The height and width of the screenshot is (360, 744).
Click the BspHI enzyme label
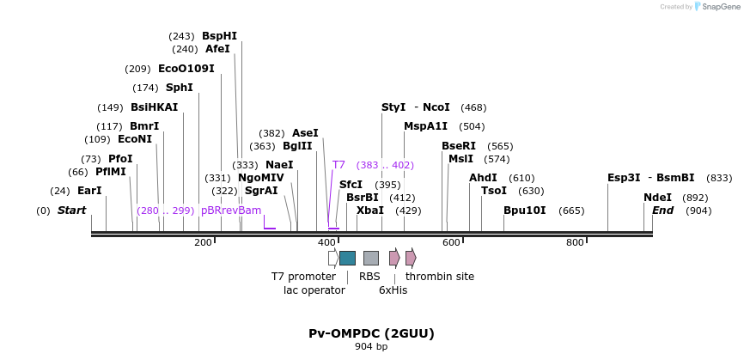click(x=219, y=36)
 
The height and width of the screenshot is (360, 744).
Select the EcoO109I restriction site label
click(x=186, y=69)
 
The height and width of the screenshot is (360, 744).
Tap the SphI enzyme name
click(x=179, y=88)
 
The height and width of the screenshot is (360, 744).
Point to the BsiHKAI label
click(x=154, y=107)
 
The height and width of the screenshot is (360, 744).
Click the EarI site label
click(x=89, y=191)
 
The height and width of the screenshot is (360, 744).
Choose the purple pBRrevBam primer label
click(x=230, y=211)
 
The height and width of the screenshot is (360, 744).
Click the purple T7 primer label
click(x=338, y=165)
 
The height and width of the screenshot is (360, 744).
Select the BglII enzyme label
click(x=297, y=146)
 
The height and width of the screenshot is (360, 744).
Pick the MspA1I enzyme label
click(x=425, y=126)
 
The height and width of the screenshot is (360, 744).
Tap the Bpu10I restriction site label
click(x=524, y=211)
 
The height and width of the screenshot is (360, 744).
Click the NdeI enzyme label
click(x=657, y=198)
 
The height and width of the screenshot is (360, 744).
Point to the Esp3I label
click(x=624, y=178)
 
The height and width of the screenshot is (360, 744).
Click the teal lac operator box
click(x=347, y=258)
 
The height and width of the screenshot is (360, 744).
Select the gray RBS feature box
click(x=370, y=258)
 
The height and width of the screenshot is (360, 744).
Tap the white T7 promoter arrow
click(x=333, y=258)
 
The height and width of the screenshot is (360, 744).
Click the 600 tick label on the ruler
click(x=451, y=243)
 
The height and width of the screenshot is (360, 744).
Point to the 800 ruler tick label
click(x=575, y=243)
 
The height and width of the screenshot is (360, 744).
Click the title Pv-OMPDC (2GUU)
click(x=371, y=333)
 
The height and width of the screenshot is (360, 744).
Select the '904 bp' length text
click(x=371, y=347)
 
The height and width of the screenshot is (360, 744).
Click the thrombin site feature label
click(x=439, y=277)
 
